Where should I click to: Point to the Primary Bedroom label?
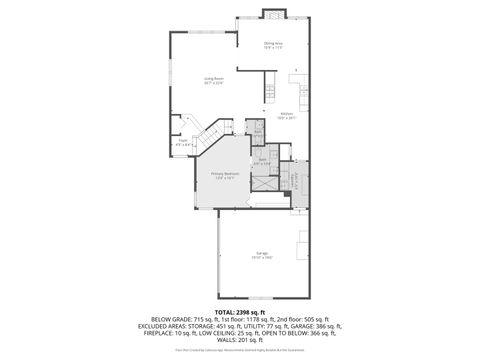point(225,175)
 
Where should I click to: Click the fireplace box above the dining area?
point(272,14)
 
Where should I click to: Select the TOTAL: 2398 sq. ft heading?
point(240,313)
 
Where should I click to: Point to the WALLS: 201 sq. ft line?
point(240,340)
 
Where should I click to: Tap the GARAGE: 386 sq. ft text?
point(314,327)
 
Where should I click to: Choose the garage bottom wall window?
point(261,299)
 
